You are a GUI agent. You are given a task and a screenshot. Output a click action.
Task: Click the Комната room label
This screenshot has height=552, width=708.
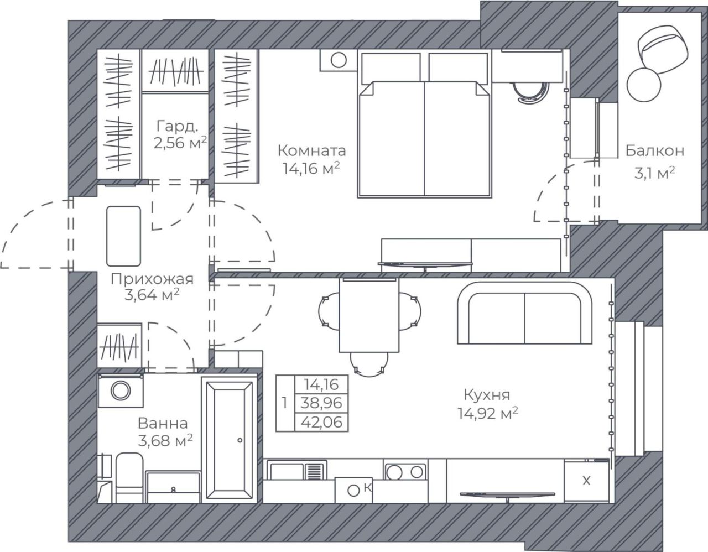pyautogui.click(x=312, y=151)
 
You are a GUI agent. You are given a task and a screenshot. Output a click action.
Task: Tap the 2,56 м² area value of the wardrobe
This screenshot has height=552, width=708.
pyautogui.click(x=180, y=143)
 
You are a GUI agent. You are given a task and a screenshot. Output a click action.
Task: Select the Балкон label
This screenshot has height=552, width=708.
pyautogui.click(x=654, y=151)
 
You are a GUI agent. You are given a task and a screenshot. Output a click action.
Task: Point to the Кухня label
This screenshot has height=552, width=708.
pyautogui.click(x=487, y=395)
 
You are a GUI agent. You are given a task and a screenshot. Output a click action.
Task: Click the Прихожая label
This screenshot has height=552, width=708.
pyautogui.click(x=152, y=279)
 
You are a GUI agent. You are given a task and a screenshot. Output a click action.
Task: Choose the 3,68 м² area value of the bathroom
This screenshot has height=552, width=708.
pyautogui.click(x=165, y=441)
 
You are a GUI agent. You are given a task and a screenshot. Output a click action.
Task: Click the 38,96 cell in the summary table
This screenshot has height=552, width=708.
pyautogui.click(x=321, y=404)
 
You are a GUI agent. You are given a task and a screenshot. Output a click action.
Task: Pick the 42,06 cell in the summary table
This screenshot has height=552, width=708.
pyautogui.click(x=321, y=423)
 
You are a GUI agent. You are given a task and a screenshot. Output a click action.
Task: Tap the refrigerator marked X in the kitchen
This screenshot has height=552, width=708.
pyautogui.click(x=586, y=481)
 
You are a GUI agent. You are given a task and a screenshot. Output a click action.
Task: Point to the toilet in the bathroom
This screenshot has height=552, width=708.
pyautogui.click(x=129, y=478)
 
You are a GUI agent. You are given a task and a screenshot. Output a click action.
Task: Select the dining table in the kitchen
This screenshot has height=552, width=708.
pyautogui.click(x=369, y=315)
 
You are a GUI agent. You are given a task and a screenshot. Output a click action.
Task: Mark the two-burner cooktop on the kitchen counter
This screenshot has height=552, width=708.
pyautogui.click(x=405, y=471)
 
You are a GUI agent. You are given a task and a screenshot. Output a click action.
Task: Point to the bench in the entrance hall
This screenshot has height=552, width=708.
pyautogui.click(x=123, y=236)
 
